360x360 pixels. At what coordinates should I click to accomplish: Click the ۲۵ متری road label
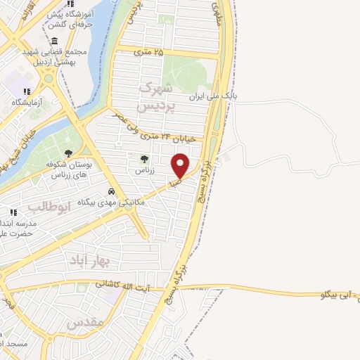point(150,51)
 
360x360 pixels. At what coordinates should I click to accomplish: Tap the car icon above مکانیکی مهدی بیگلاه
point(111,191)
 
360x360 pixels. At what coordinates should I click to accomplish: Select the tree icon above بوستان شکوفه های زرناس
point(68,153)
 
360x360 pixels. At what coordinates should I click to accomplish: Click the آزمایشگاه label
point(26,102)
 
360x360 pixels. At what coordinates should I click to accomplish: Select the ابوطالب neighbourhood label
point(49,207)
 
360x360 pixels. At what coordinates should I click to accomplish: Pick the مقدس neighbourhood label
point(86,322)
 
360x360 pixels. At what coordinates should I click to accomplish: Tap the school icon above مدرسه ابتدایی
point(13,212)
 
